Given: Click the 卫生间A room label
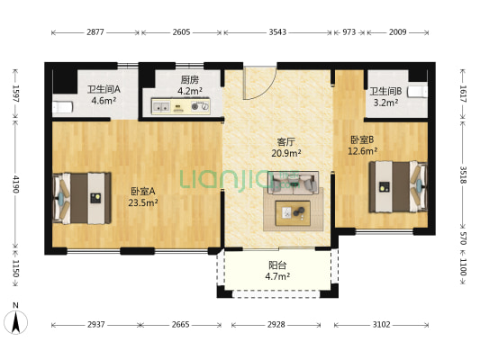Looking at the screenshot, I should (104, 89).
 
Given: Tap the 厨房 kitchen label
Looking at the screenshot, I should (189, 79).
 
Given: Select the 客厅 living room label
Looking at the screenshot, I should (288, 141).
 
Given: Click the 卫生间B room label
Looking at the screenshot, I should (385, 91).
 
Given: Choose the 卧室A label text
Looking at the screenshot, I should (143, 191).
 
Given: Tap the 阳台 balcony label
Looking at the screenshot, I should (278, 265).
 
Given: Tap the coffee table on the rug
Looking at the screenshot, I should (294, 213).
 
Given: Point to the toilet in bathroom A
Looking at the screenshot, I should (61, 107).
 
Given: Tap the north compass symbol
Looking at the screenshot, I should (15, 319).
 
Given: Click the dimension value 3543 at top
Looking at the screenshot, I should (276, 32).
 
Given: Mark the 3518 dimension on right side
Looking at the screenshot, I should (464, 175).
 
